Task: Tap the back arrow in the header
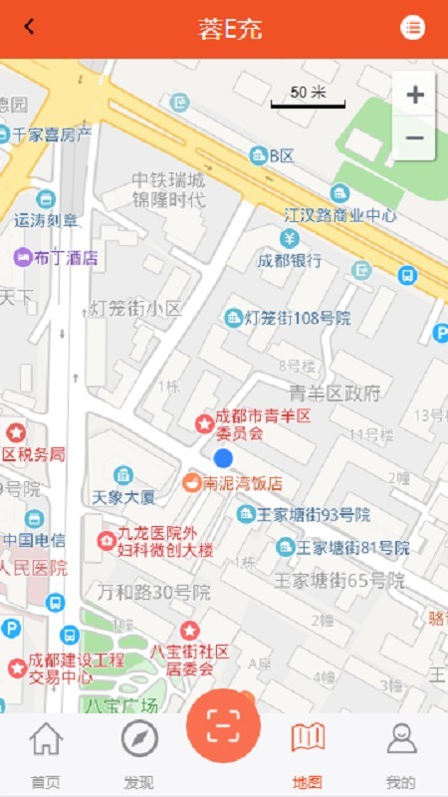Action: (30, 27)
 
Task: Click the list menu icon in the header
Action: (412, 28)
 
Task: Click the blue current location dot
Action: (223, 457)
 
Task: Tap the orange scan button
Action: (223, 725)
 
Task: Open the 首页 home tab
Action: (45, 752)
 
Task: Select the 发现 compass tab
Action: (139, 752)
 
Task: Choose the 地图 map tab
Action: (308, 752)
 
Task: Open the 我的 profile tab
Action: (400, 752)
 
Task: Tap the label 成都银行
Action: (290, 260)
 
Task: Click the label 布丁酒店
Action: (66, 257)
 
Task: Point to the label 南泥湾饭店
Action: (243, 483)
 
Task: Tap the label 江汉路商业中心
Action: (339, 214)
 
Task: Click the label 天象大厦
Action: (123, 495)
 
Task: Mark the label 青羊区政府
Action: (335, 393)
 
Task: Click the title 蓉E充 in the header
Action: (230, 28)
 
